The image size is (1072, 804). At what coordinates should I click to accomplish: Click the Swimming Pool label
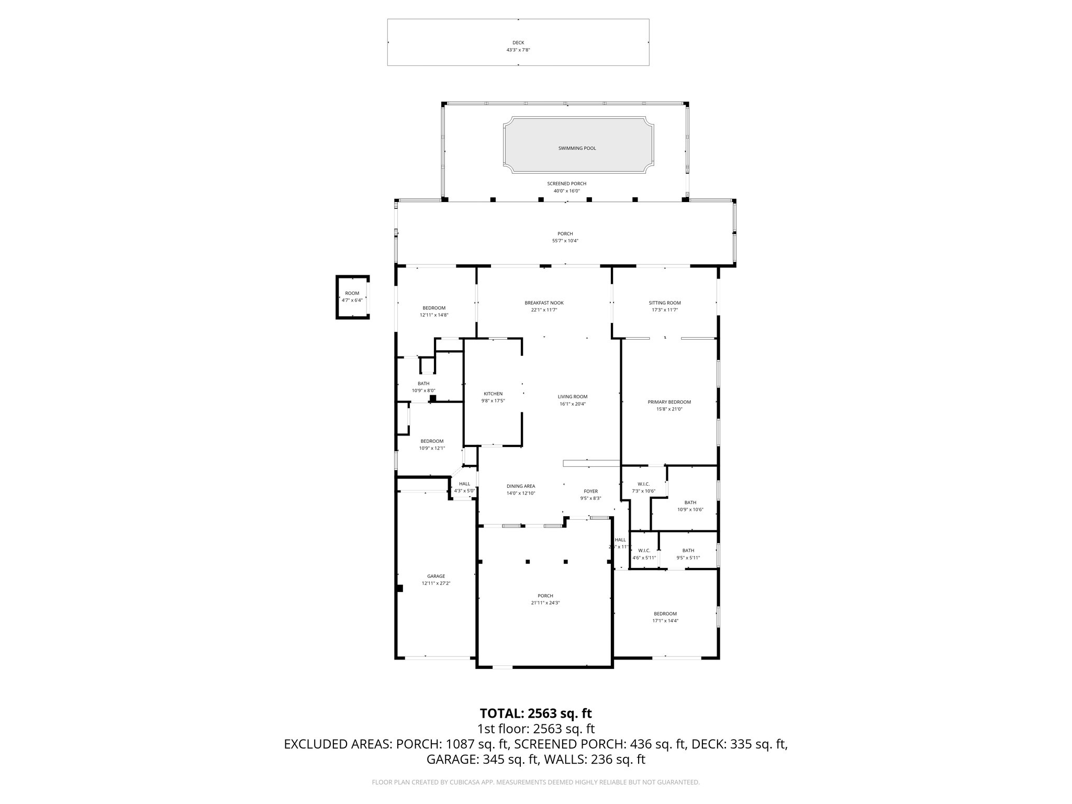(x=577, y=148)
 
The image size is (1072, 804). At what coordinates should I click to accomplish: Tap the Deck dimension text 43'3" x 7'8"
(x=518, y=50)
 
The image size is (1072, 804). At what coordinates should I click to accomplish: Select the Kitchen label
(x=493, y=394)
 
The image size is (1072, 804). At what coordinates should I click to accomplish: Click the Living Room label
(x=572, y=397)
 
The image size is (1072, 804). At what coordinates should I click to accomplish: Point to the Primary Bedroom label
(x=669, y=402)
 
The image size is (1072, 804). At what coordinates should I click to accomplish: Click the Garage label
(x=435, y=576)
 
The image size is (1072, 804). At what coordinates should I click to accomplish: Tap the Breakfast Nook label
(x=544, y=303)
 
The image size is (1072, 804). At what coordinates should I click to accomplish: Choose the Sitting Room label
(x=665, y=303)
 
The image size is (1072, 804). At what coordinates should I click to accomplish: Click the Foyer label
(x=590, y=491)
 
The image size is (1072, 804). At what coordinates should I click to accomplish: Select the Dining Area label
(x=520, y=486)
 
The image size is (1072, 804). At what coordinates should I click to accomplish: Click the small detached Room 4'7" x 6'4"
(x=352, y=297)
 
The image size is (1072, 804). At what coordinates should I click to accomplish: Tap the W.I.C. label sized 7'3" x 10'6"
(x=643, y=484)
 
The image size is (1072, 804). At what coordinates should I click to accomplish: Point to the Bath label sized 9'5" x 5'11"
(x=688, y=550)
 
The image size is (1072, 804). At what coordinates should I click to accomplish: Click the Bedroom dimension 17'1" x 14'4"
(x=665, y=621)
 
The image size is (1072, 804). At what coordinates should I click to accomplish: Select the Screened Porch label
(x=566, y=184)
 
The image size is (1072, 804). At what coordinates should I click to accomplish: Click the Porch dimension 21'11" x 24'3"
(x=545, y=603)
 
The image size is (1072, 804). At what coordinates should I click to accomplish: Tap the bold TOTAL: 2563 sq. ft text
(x=535, y=713)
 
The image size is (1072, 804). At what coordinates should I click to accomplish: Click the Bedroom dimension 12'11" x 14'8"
(x=434, y=315)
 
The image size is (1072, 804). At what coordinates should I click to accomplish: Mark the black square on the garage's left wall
(x=400, y=588)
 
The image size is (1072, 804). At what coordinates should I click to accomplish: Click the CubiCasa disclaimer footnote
(x=535, y=783)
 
